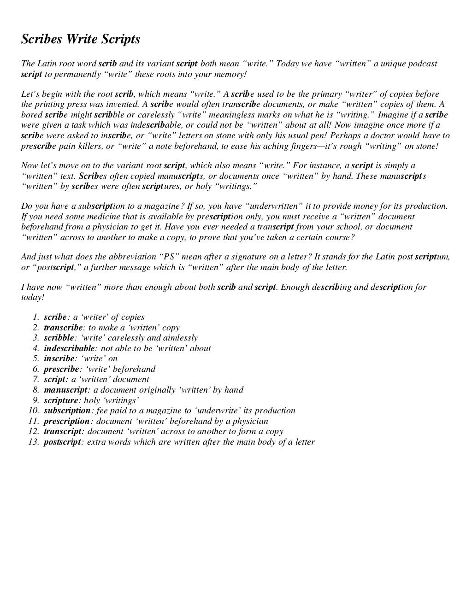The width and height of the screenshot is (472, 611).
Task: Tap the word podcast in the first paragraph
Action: point(420,64)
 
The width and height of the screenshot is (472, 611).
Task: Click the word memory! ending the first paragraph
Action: point(232,74)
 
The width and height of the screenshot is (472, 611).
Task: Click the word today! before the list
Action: point(33,297)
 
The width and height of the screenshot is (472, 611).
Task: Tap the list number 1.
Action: point(36,317)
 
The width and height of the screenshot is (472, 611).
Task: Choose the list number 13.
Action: point(34,442)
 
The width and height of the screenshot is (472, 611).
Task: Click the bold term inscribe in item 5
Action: point(59,358)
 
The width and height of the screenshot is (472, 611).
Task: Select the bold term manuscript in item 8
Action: point(65,390)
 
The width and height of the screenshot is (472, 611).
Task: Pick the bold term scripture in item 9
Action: point(61,400)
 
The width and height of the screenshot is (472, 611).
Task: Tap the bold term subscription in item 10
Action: point(67,411)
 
